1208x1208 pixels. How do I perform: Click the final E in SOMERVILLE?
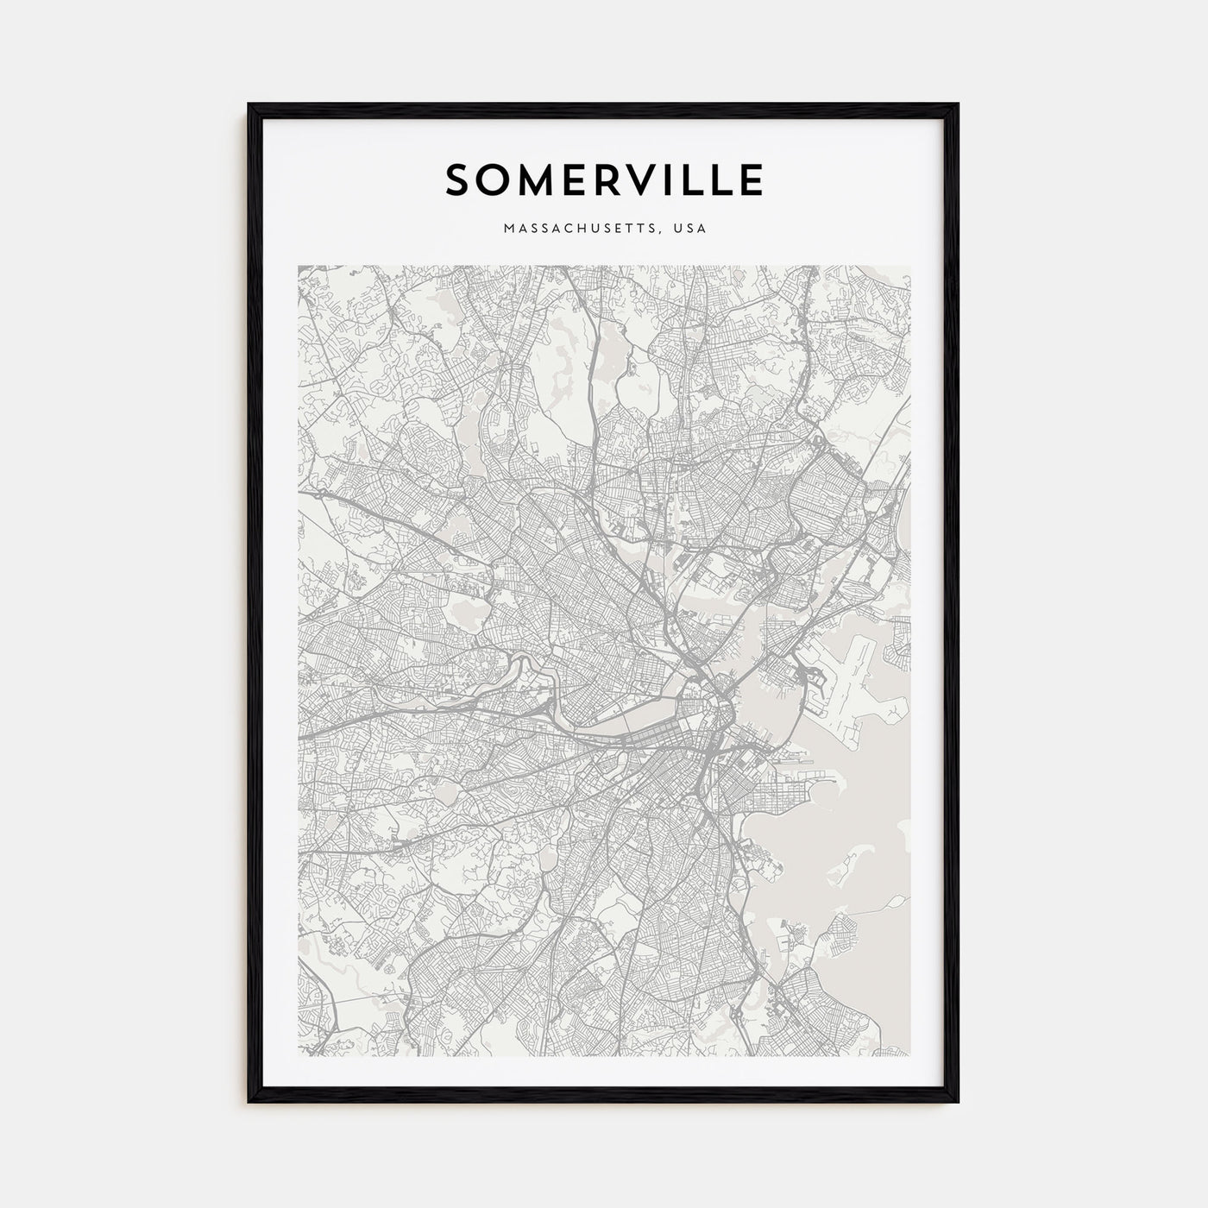752,179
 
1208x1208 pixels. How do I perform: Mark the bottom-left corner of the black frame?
249,1102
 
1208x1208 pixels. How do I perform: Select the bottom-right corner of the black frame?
958,1102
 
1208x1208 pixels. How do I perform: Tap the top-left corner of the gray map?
299,267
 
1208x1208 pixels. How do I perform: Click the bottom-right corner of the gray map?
909,1055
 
